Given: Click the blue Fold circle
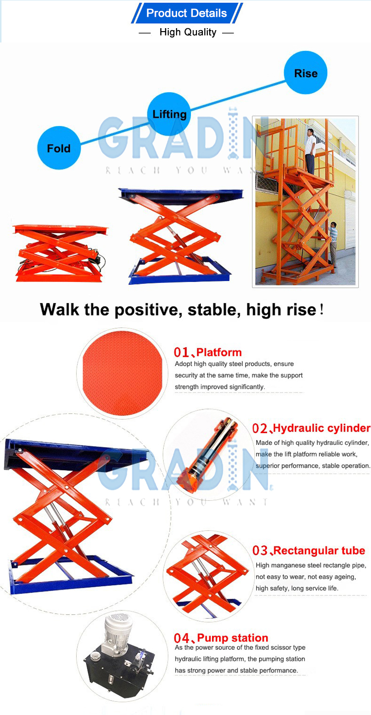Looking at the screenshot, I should pyautogui.click(x=58, y=148).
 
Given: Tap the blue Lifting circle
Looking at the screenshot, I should pyautogui.click(x=169, y=114).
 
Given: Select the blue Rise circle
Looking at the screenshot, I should pyautogui.click(x=305, y=73).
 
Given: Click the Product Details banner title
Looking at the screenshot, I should pyautogui.click(x=186, y=13).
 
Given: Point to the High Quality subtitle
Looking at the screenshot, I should pyautogui.click(x=187, y=33).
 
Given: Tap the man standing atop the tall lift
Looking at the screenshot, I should pyautogui.click(x=310, y=150).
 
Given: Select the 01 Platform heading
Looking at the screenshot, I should pyautogui.click(x=208, y=352).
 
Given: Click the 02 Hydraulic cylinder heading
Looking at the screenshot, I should pyautogui.click(x=311, y=428).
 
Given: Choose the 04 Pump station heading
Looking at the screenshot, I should pyautogui.click(x=221, y=637).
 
